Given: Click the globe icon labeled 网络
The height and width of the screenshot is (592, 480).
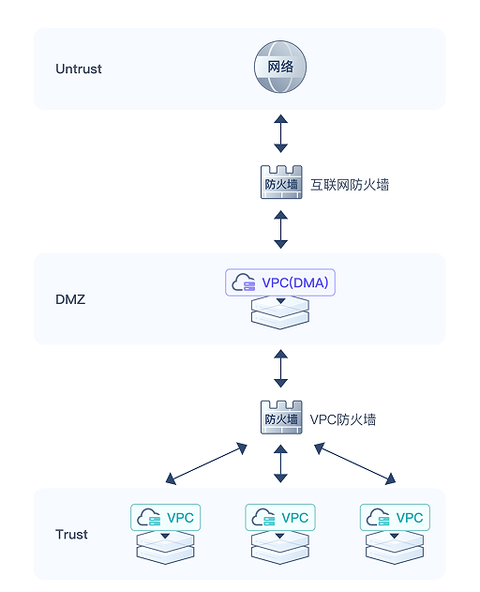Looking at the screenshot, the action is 280,67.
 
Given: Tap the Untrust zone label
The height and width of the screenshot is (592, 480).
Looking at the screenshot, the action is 79,69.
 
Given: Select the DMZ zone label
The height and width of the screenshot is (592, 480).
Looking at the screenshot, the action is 70,299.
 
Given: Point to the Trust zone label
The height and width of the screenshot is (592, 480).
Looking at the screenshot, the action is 71,534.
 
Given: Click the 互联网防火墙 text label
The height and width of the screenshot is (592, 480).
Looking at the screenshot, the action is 350,185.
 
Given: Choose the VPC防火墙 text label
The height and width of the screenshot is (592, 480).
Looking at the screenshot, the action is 342,419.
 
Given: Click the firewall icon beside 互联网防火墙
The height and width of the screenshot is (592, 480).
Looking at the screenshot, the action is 281,182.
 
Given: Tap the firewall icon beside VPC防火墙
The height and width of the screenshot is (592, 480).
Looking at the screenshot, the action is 281,417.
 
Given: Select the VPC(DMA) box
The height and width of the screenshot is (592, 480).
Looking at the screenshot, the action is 280,282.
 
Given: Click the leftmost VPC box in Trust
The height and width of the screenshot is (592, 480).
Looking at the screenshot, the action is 165,517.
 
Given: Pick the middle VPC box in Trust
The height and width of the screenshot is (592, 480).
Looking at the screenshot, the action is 280,517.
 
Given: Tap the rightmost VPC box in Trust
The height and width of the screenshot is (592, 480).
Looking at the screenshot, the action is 395,517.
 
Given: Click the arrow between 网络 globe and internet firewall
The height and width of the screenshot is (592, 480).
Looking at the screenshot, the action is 280,133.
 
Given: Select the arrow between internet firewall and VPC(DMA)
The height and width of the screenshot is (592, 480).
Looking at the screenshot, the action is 280,229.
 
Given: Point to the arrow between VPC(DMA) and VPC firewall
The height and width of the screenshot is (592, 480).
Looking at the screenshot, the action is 280,369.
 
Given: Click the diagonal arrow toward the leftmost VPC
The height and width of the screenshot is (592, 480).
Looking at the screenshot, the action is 206,464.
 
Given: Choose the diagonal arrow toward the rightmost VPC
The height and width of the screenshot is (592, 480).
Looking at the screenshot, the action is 354,464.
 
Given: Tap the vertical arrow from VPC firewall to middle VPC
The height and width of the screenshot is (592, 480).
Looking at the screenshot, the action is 280,463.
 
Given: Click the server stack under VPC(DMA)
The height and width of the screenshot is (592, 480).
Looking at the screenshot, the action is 280,312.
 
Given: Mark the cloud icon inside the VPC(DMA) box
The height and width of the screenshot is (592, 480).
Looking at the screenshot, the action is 243,282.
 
